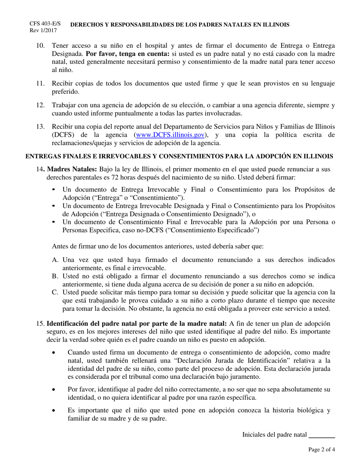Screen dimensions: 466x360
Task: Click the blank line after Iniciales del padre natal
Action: click(x=322, y=435)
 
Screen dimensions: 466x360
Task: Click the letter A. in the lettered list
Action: click(x=55, y=260)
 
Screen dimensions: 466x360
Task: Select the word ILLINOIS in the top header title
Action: click(x=275, y=25)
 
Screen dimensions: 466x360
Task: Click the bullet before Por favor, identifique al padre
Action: click(x=56, y=389)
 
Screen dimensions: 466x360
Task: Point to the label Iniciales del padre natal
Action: click(x=274, y=435)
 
